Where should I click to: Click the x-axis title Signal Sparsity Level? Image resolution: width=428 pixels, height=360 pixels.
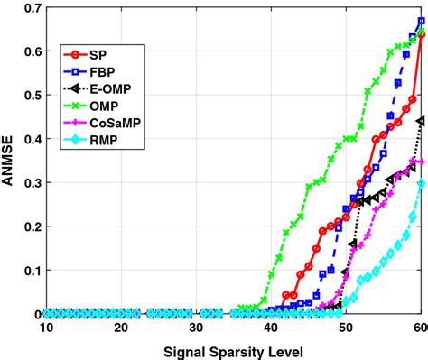[x=233, y=349]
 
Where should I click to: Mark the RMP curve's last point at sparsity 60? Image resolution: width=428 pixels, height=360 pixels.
[x=421, y=185]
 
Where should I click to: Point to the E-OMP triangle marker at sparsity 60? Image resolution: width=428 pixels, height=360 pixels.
[x=421, y=121]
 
